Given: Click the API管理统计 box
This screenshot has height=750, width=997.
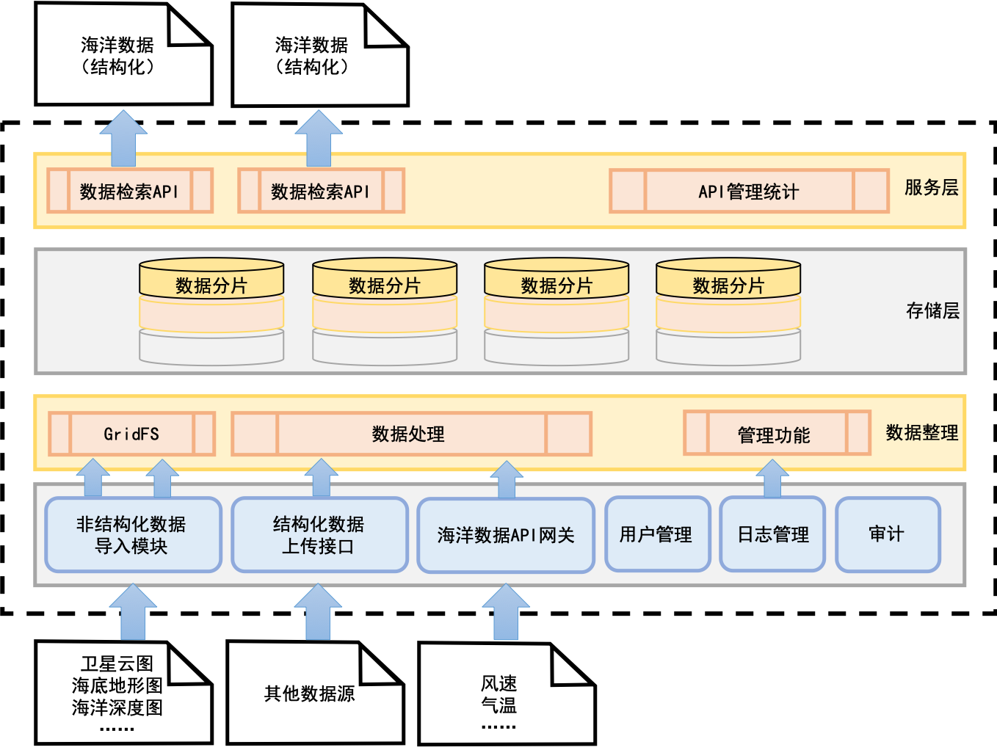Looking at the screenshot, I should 749,192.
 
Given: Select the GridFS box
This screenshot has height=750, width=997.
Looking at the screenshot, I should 131,434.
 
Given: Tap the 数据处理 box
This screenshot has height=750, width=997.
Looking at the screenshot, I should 411,434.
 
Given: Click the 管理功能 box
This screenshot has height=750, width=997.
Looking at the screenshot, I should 776,434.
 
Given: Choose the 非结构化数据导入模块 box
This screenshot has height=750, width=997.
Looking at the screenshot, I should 133,535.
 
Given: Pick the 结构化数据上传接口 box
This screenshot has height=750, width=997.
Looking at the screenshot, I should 319,535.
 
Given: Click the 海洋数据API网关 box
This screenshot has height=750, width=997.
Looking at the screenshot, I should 506,536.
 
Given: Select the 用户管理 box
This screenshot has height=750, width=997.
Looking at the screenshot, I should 657,534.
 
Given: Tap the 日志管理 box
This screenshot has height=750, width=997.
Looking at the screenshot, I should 772,534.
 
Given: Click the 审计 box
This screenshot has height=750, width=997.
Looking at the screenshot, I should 888,534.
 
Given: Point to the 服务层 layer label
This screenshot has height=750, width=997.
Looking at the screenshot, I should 931,188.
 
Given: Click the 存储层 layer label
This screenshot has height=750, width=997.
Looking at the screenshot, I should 932,310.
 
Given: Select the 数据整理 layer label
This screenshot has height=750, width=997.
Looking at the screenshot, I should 921,433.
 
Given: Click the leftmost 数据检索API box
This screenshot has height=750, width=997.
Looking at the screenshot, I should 130,192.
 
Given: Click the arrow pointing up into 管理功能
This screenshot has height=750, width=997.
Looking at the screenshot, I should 772,478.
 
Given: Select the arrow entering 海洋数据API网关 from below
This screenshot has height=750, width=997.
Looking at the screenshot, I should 506,614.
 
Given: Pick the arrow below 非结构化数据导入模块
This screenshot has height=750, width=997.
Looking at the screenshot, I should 133,614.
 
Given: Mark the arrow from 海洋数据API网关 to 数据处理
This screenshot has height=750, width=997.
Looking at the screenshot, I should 507,480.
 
